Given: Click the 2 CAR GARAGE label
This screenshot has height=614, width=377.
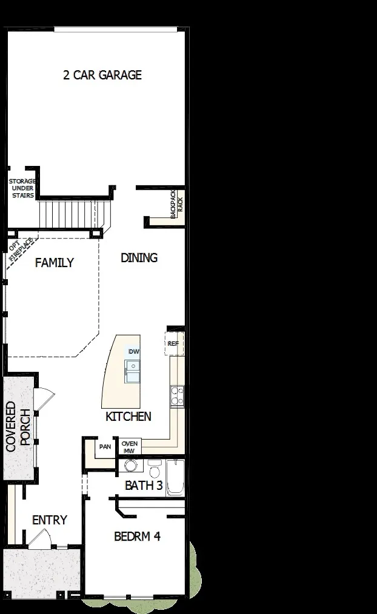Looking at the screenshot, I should [102, 75].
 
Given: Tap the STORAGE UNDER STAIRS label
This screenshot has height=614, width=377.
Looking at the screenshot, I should [22, 188].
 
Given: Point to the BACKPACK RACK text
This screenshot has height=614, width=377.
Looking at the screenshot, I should [176, 204].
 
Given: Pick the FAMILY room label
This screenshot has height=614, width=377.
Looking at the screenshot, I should [54, 263].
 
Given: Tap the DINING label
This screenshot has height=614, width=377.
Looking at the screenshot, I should [139, 257].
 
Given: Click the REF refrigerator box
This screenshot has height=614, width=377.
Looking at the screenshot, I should [173, 343].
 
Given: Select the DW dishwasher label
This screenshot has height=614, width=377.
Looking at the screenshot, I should [133, 352].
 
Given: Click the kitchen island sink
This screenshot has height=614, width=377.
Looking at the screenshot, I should [132, 371].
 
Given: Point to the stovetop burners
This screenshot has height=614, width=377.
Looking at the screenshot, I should [177, 395].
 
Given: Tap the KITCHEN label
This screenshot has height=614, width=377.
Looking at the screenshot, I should [128, 417].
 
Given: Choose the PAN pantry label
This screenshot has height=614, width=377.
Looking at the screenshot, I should [105, 447].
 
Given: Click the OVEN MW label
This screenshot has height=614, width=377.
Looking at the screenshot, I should [130, 447].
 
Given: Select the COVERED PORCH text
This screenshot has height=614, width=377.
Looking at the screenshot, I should [19, 427].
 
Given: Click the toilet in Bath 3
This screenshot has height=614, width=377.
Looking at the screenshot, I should [154, 469].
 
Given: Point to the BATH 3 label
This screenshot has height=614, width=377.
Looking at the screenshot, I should [143, 485].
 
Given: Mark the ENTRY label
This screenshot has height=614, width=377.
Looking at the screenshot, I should [50, 520].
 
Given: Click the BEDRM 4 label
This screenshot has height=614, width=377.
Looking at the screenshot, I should [137, 536].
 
